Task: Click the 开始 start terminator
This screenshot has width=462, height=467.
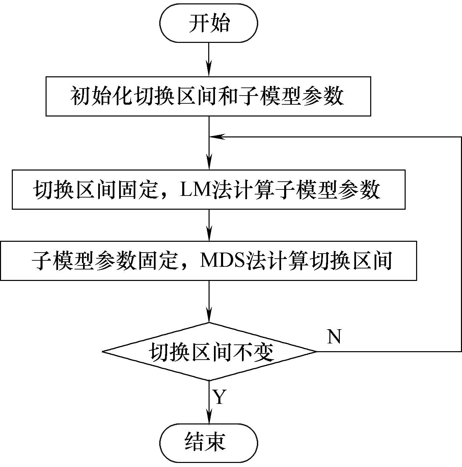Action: [x=209, y=23]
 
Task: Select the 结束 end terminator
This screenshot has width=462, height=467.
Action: [x=209, y=443]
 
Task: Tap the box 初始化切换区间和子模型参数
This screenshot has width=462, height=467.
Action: [x=208, y=96]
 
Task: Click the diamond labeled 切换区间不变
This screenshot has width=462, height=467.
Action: [x=209, y=352]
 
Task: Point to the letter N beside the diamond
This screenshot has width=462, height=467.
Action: [x=334, y=337]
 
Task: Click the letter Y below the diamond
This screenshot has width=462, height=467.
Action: [x=219, y=397]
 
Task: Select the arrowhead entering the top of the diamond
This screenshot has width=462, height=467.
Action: [x=209, y=316]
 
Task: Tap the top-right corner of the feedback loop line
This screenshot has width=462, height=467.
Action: [x=461, y=137]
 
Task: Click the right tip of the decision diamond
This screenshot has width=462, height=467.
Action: [x=316, y=352]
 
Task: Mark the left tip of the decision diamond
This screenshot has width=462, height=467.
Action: [x=103, y=352]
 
